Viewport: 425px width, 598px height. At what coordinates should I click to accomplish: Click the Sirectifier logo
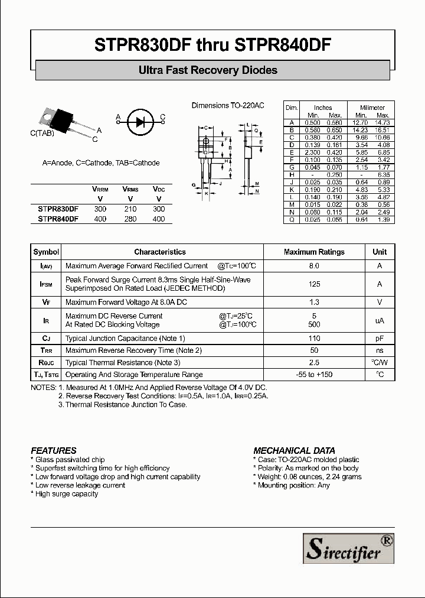coord(348,548)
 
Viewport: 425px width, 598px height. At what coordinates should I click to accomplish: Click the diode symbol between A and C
coord(140,122)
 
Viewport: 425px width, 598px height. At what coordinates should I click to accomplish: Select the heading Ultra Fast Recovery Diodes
coord(208,70)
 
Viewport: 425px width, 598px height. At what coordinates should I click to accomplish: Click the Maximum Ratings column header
coord(314,252)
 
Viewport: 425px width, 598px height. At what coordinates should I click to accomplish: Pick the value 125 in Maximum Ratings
coord(314,284)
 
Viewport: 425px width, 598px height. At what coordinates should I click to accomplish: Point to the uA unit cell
coord(380,320)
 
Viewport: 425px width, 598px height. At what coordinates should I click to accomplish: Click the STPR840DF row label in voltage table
coord(58,219)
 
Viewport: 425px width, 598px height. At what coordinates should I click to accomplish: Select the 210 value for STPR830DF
coord(130,209)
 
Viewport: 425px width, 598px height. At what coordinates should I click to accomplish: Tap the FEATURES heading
coord(54,450)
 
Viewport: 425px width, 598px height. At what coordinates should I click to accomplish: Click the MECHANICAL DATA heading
coord(294,450)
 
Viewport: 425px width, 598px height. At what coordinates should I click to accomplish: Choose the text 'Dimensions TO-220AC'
coord(228,105)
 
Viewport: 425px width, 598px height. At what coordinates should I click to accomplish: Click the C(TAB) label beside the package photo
coord(42,134)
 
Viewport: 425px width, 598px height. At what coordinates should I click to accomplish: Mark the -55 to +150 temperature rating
coord(314,375)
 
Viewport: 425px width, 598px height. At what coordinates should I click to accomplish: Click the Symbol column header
coord(46,252)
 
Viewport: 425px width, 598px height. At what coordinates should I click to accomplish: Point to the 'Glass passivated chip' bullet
coord(70,460)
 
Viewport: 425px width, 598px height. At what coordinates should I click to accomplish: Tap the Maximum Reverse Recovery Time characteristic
coord(133,350)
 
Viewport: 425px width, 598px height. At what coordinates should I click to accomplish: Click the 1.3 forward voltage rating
coord(314,302)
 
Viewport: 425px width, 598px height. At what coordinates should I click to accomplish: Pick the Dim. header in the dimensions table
coord(291,108)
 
